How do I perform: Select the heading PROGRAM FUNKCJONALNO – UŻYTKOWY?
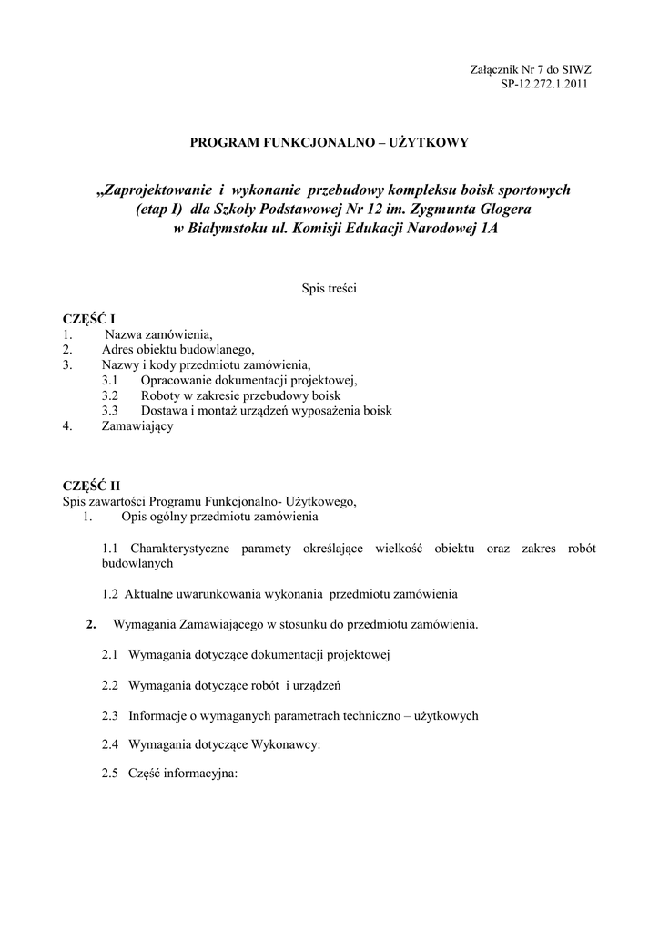point(329,142)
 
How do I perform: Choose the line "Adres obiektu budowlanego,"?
point(177,349)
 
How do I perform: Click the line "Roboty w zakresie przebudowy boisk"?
point(240,395)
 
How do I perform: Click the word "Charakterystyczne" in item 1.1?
point(179,548)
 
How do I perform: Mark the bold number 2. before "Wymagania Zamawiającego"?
point(90,624)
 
